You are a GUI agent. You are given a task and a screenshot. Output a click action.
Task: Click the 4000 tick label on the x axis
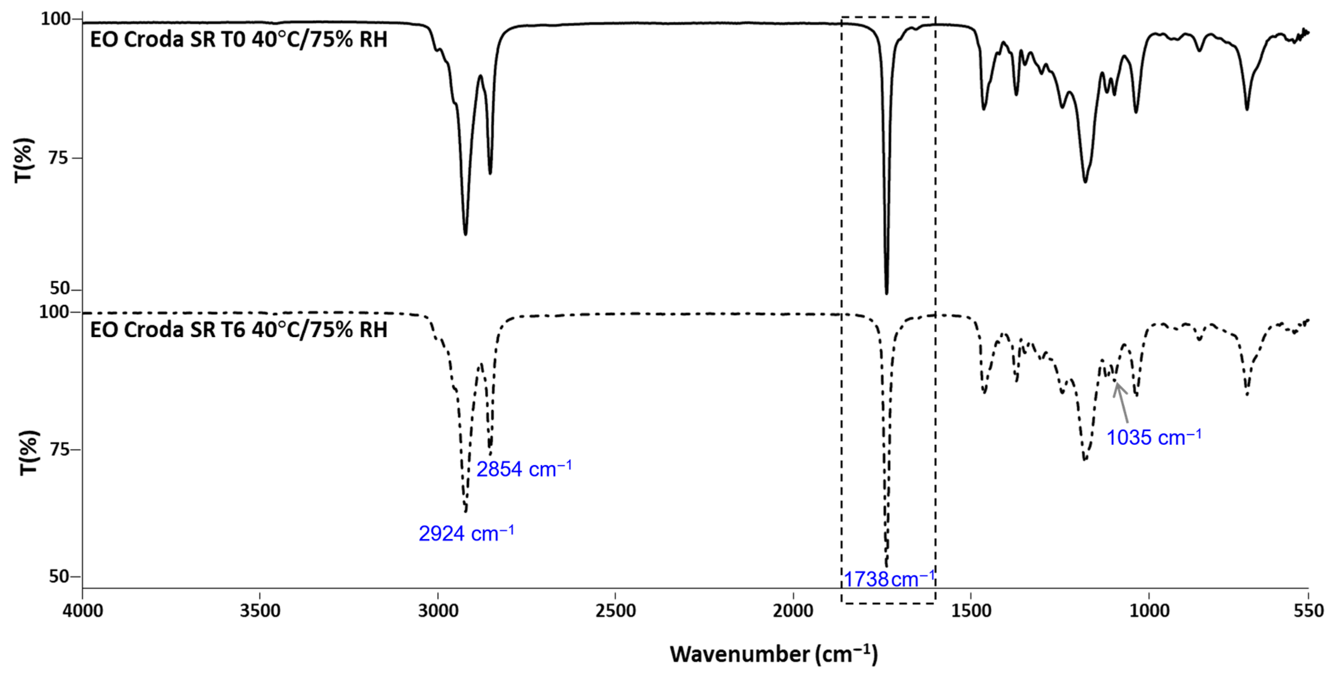pyautogui.click(x=83, y=611)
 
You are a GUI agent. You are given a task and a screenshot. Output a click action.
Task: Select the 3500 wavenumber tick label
pyautogui.click(x=260, y=611)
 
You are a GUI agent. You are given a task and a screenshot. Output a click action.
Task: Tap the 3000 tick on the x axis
pyautogui.click(x=438, y=611)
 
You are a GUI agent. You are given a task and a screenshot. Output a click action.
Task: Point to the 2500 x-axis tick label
pyautogui.click(x=616, y=611)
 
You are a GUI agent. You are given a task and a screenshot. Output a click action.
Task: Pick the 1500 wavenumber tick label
pyautogui.click(x=971, y=611)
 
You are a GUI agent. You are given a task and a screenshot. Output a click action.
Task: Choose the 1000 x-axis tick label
pyautogui.click(x=1149, y=611)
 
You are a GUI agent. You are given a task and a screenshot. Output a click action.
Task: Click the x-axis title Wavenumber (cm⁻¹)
pyautogui.click(x=774, y=654)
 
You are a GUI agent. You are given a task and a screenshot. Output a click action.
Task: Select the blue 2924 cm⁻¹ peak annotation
pyautogui.click(x=466, y=534)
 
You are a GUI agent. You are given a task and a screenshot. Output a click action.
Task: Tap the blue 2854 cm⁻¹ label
pyautogui.click(x=523, y=469)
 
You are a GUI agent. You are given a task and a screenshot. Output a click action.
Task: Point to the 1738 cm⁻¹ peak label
pyautogui.click(x=889, y=579)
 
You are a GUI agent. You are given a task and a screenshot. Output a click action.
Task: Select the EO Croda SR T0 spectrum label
pyautogui.click(x=238, y=40)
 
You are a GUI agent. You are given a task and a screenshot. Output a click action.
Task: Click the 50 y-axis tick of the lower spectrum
pyautogui.click(x=59, y=576)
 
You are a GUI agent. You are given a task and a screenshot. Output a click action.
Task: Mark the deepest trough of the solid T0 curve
pyautogui.click(x=886, y=292)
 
